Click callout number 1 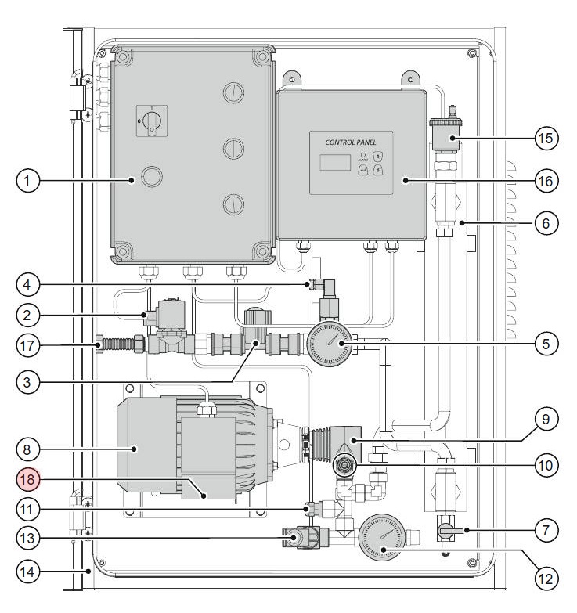(x=28, y=181)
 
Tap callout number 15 (x=546, y=137)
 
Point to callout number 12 (x=546, y=579)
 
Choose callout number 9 (x=546, y=419)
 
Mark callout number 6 (x=546, y=223)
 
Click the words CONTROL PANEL (x=350, y=142)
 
